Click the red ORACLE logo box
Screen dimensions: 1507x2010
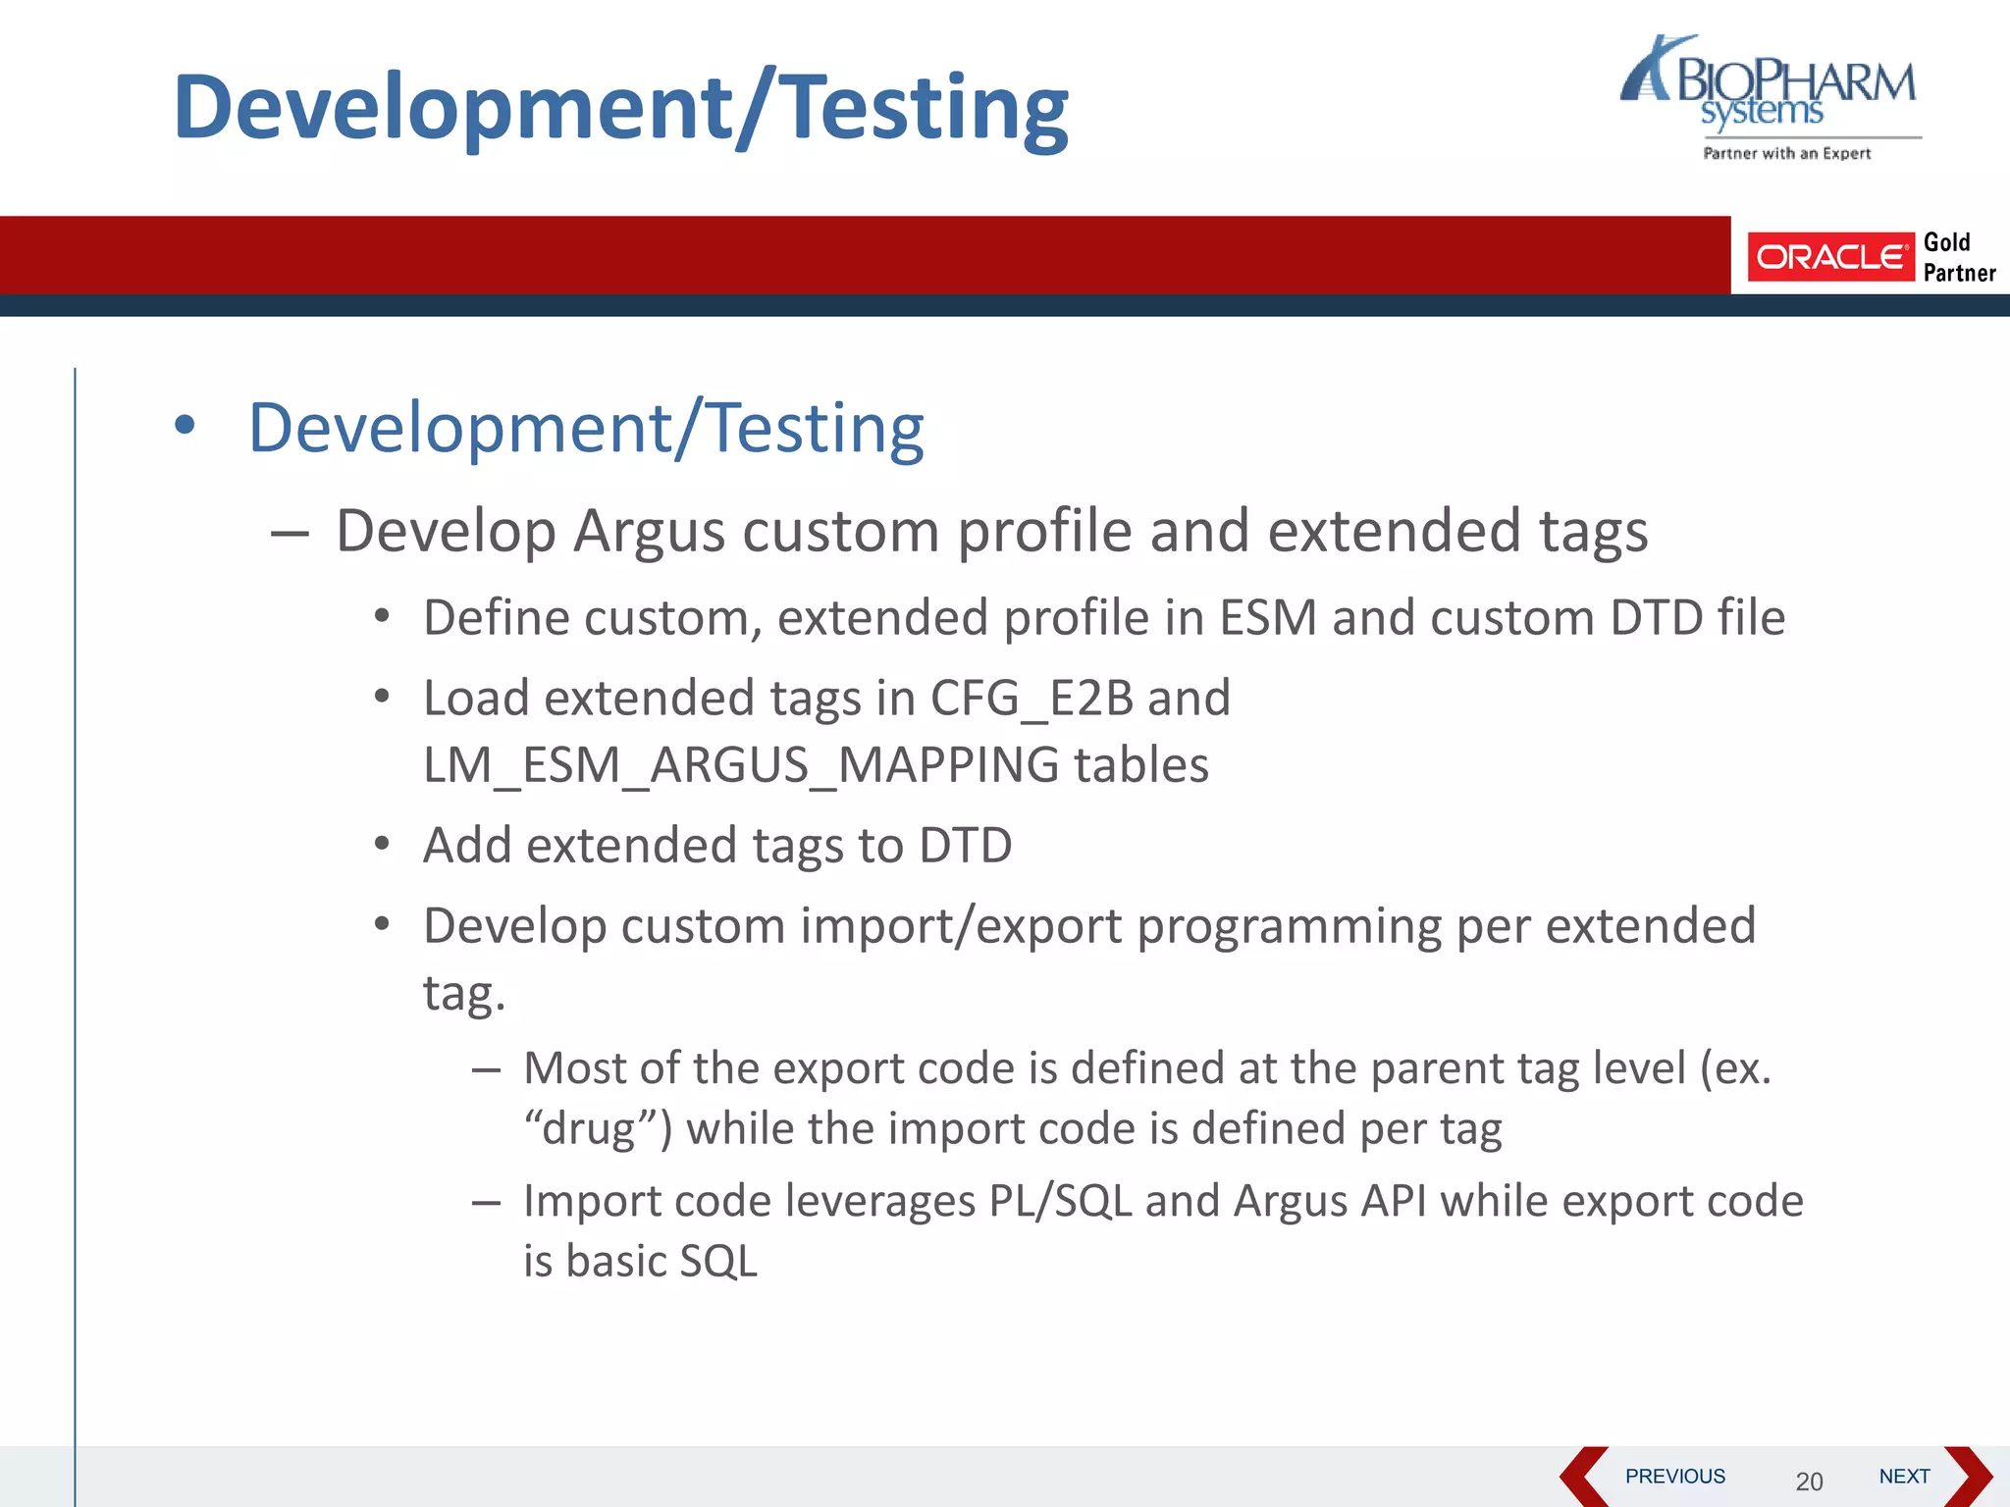click(x=1829, y=257)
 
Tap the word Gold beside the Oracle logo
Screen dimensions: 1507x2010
click(x=1946, y=242)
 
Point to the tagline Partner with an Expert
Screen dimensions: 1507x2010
click(x=1786, y=153)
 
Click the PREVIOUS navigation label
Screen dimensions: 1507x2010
click(x=1674, y=1476)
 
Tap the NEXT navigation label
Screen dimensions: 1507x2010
click(x=1904, y=1476)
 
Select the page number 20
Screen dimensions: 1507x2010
click(x=1809, y=1481)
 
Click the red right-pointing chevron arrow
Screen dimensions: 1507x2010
click(x=1968, y=1477)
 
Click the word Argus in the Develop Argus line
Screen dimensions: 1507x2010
click(x=650, y=532)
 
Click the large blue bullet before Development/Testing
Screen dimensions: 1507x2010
click(x=185, y=426)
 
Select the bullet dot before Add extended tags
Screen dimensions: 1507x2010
click(x=383, y=844)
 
